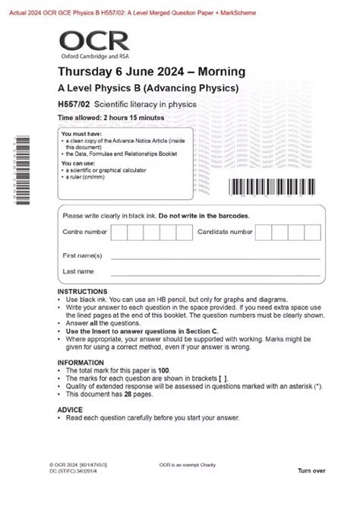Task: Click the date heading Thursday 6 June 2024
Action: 152,72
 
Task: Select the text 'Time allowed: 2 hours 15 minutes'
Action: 111,118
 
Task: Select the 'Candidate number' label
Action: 225,232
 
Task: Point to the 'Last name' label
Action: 79,271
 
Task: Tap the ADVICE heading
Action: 70,409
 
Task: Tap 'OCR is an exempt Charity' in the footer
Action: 191,464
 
